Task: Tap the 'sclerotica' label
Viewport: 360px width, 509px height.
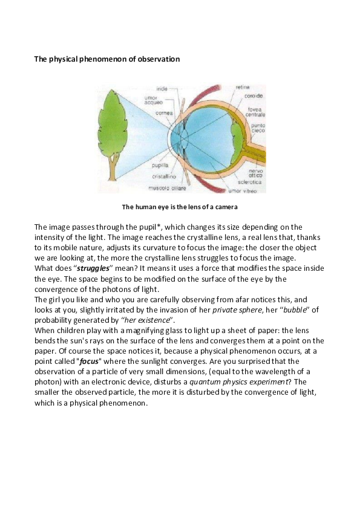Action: click(251, 180)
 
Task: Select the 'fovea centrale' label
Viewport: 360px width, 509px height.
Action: click(254, 112)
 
